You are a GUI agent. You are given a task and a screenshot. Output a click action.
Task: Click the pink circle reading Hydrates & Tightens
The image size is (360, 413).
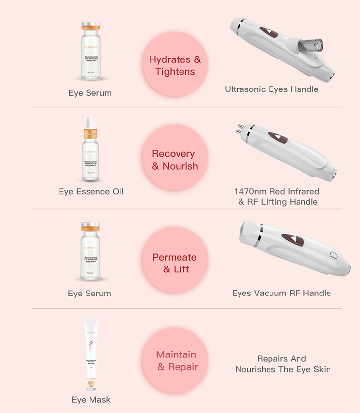tap(175, 65)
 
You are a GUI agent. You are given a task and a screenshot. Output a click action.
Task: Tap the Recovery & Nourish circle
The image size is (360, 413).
tap(175, 160)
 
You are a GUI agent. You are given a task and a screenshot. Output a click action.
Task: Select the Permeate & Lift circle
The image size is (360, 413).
tap(175, 263)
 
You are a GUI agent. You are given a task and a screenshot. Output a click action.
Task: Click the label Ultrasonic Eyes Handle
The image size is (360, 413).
tap(271, 89)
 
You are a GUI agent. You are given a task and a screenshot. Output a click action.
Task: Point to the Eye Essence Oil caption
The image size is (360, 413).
tap(91, 191)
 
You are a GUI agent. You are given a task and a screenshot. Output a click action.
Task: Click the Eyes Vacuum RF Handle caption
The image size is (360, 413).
tap(281, 293)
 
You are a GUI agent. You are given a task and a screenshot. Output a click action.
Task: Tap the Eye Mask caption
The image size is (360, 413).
tap(91, 400)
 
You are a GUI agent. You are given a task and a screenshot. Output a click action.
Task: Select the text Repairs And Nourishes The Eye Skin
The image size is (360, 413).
tap(283, 364)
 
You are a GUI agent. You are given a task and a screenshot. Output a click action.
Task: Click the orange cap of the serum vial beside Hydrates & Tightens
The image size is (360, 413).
tap(90, 26)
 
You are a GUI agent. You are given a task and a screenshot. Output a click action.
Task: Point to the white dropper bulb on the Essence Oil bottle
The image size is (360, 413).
tap(90, 122)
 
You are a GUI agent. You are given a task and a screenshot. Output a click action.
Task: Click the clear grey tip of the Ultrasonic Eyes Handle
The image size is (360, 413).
tap(309, 45)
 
